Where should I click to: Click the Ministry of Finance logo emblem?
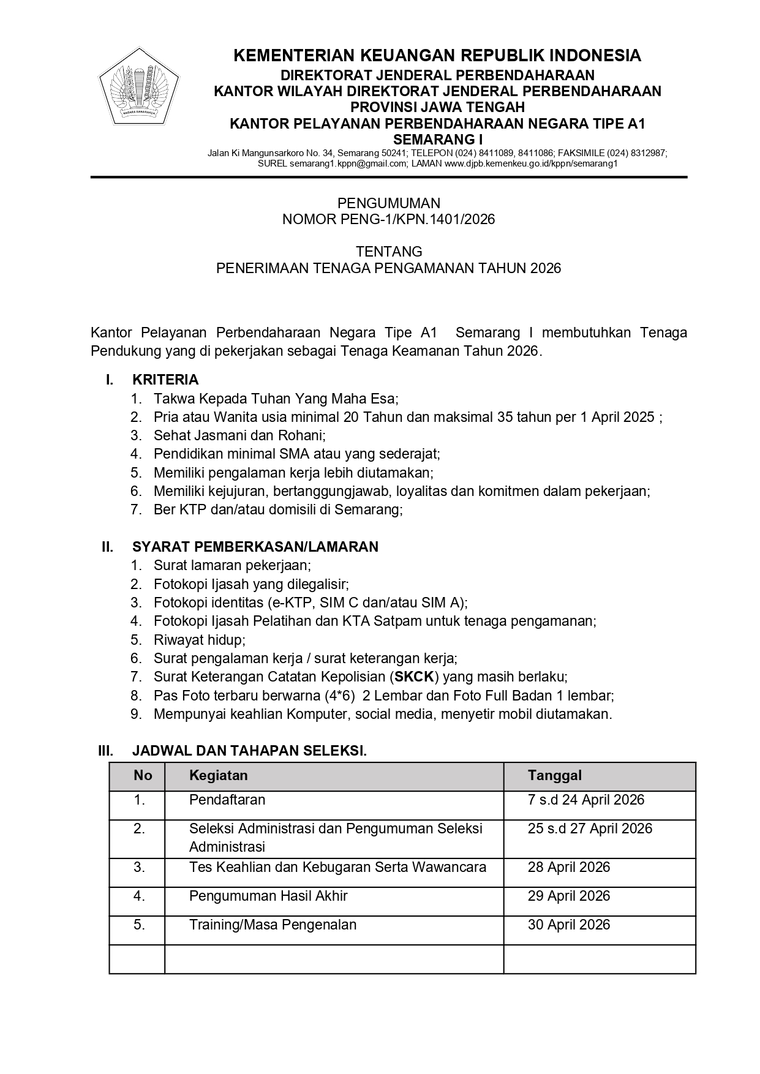point(139,87)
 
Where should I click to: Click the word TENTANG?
point(389,252)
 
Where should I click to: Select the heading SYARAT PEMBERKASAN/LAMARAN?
point(255,547)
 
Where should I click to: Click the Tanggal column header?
point(555,775)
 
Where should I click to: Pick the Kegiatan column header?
point(219,775)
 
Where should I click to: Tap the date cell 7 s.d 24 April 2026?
point(586,800)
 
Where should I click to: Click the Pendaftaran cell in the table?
point(227,800)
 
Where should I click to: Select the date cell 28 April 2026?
point(569,867)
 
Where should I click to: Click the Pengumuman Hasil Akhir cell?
point(268,896)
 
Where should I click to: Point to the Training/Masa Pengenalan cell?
point(273,925)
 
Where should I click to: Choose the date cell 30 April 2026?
point(569,925)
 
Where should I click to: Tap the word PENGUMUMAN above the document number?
point(389,203)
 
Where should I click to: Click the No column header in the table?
point(143,775)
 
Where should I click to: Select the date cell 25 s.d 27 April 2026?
point(590,828)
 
